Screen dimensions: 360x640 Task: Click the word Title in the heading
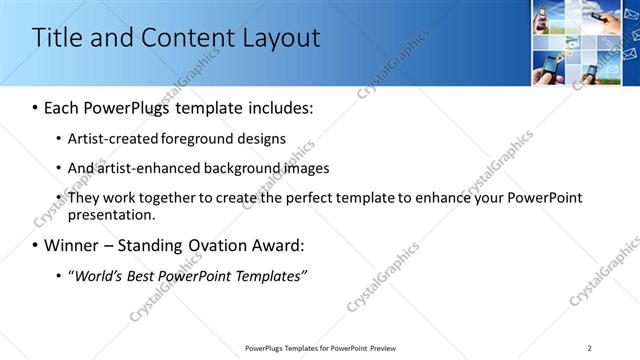point(56,39)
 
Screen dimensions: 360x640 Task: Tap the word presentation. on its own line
point(112,215)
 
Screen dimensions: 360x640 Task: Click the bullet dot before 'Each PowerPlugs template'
point(36,108)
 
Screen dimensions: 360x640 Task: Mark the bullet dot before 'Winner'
point(36,246)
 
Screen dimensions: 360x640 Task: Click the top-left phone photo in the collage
point(544,17)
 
